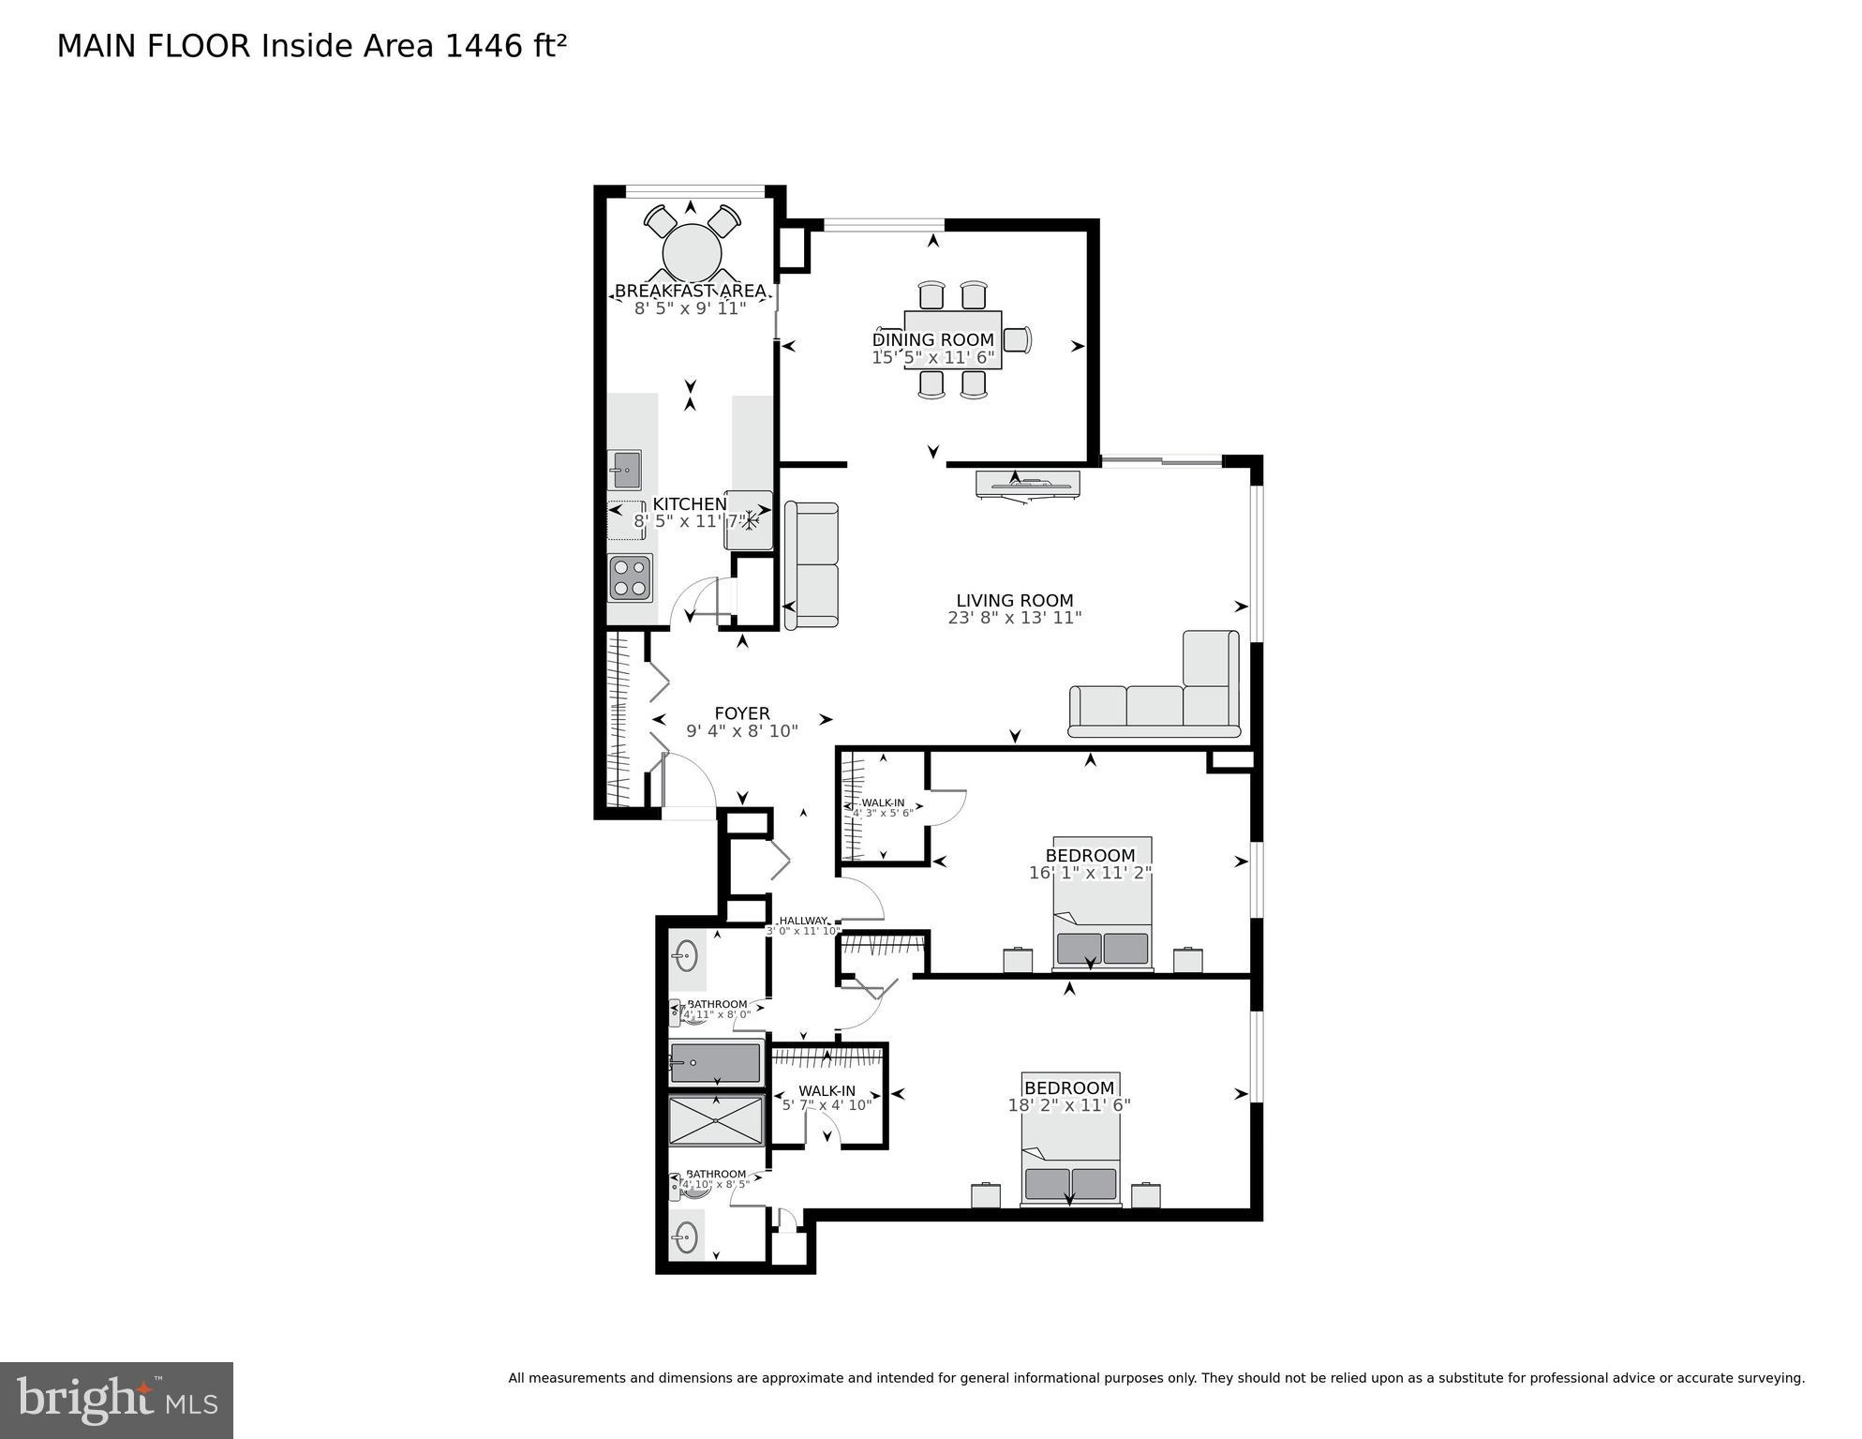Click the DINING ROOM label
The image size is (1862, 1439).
(x=932, y=339)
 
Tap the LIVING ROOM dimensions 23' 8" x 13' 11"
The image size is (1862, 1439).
(x=1014, y=618)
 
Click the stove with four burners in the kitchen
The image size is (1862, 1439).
(x=630, y=577)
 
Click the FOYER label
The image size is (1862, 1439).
(x=741, y=713)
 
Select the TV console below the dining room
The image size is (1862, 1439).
(x=1027, y=484)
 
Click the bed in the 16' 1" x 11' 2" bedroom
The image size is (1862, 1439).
(x=1102, y=905)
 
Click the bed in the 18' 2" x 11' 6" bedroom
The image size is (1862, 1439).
(x=1070, y=1139)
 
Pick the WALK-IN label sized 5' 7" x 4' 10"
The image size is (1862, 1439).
(x=827, y=1091)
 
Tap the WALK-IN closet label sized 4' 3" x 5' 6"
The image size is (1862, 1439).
(x=883, y=802)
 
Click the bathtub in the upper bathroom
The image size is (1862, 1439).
(x=715, y=1063)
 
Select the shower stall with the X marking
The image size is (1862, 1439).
(x=716, y=1121)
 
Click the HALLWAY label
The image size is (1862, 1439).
(x=803, y=921)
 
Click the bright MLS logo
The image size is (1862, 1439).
(x=116, y=1400)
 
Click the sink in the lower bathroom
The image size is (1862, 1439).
(x=686, y=1237)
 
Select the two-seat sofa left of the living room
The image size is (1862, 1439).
(x=812, y=565)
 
